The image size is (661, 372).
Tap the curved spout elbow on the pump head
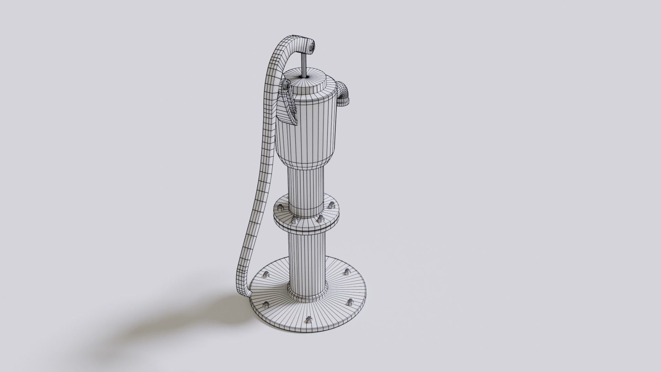[x=343, y=94]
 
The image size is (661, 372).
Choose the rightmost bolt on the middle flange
[x=331, y=206]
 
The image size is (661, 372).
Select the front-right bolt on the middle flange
[x=320, y=219]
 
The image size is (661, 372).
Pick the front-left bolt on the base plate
[x=266, y=304]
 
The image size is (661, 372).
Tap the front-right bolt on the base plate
[x=350, y=302]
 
